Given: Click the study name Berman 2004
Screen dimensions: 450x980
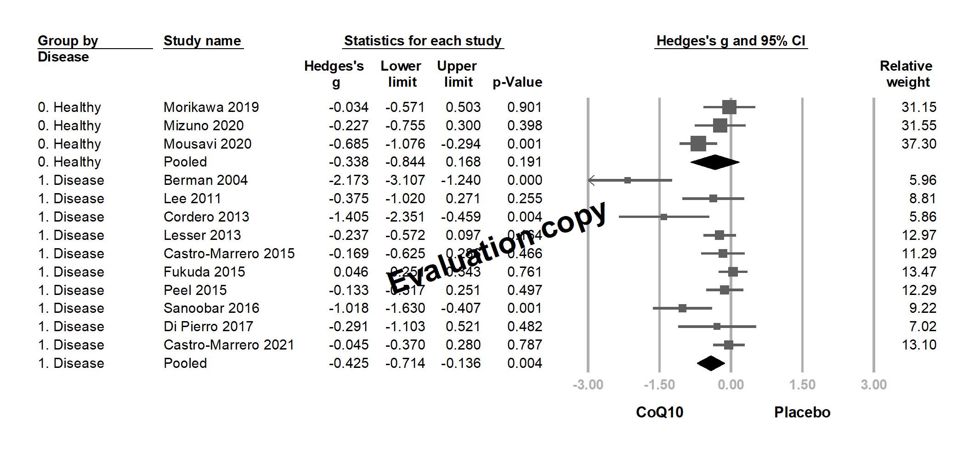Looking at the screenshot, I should [205, 180].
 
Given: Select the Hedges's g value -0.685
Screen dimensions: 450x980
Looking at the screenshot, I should [349, 144].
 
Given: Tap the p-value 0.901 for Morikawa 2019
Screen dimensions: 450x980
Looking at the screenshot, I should [525, 107].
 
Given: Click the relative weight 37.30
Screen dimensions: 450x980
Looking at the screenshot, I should [918, 144].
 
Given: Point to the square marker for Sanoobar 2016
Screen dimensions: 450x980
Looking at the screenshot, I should [682, 308].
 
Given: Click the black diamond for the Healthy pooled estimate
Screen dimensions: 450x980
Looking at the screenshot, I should [715, 162].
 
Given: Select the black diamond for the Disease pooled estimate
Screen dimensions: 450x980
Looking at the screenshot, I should [711, 363].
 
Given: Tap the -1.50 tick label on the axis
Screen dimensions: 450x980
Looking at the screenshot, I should [659, 385].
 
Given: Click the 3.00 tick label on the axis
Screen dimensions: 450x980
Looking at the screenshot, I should [873, 385].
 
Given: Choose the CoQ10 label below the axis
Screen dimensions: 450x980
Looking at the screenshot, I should [659, 412].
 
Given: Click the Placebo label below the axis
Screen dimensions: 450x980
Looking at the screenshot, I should [802, 412].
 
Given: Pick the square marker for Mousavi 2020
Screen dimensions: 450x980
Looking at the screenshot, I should [698, 144].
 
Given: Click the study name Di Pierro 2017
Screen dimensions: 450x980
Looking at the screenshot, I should [208, 327].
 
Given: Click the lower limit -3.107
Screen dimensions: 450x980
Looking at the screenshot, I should [405, 180].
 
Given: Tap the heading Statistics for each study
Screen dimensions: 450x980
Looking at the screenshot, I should [423, 41].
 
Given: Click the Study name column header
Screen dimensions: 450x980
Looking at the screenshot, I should [202, 41].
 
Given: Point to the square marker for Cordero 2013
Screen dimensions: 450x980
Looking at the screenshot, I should [663, 217].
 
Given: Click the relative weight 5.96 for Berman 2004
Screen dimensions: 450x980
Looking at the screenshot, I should [923, 180].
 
